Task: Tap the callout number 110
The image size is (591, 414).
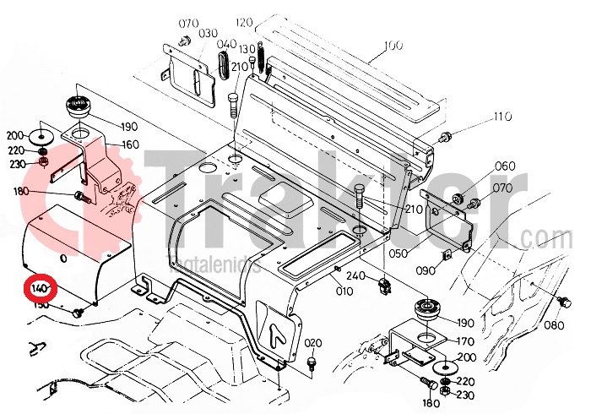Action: (x=503, y=117)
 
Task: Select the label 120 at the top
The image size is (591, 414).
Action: (x=244, y=22)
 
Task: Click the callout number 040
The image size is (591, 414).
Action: (x=227, y=45)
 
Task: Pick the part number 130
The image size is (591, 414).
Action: (x=247, y=47)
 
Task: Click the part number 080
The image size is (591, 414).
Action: (x=577, y=324)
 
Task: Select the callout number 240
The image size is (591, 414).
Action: (x=355, y=275)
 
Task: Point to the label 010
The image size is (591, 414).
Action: (x=344, y=291)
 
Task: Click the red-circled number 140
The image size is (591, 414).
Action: (x=40, y=289)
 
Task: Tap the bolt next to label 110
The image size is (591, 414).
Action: (x=447, y=135)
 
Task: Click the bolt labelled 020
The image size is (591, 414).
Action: (x=312, y=362)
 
